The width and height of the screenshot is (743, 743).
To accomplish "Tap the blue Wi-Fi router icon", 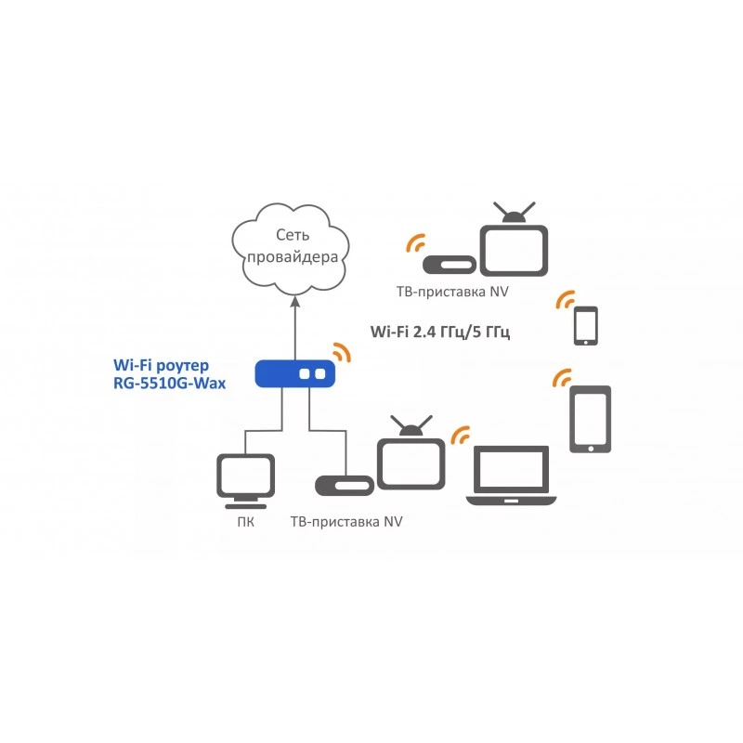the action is click(294, 374).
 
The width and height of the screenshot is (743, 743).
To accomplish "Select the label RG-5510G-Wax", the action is click(169, 384).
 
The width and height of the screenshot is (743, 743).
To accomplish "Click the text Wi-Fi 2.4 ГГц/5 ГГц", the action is click(439, 332).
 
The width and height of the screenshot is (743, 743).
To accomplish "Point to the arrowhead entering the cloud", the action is click(295, 301).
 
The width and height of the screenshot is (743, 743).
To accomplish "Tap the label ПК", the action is click(245, 522).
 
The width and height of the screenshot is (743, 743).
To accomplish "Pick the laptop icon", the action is click(512, 476).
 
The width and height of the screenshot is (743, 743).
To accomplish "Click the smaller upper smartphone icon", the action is click(586, 326).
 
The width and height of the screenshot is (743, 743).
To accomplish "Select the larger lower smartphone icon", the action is click(590, 420).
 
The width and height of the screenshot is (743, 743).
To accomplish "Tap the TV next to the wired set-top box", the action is click(411, 454).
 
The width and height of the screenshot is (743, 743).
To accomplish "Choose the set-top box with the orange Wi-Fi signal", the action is click(450, 265).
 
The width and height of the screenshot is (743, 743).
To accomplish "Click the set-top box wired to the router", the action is click(345, 486).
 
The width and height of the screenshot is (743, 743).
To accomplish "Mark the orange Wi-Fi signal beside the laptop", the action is click(459, 435).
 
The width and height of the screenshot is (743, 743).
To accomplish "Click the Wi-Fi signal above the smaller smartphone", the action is click(566, 299).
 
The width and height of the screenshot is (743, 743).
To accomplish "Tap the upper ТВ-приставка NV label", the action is click(452, 292).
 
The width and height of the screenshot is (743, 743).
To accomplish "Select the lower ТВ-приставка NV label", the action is click(346, 522).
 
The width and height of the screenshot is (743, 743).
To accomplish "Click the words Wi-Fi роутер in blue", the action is click(161, 365).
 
